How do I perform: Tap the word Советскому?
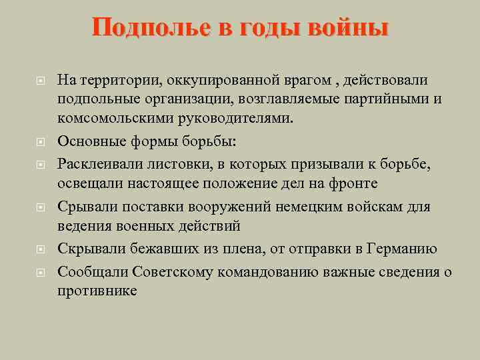[x=189, y=271]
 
